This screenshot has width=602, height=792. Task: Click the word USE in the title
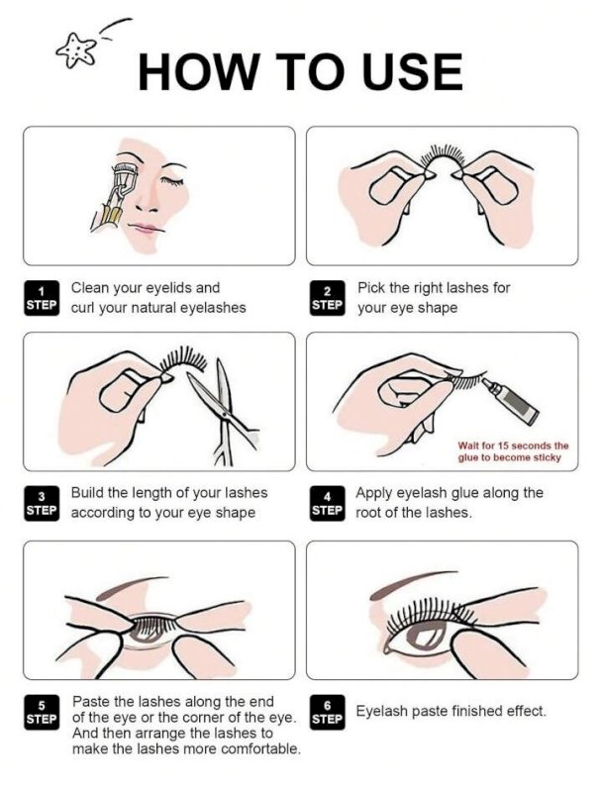(404, 71)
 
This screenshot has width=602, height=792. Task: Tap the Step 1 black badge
(41, 298)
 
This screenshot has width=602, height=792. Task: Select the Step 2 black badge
(328, 298)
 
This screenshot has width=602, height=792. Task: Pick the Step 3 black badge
(41, 503)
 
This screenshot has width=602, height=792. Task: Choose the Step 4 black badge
(328, 503)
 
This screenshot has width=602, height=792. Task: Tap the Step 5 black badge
(41, 712)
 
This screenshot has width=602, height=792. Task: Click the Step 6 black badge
(328, 712)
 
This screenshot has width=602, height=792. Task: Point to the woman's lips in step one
(146, 230)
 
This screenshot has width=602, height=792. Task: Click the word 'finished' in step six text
(464, 711)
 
